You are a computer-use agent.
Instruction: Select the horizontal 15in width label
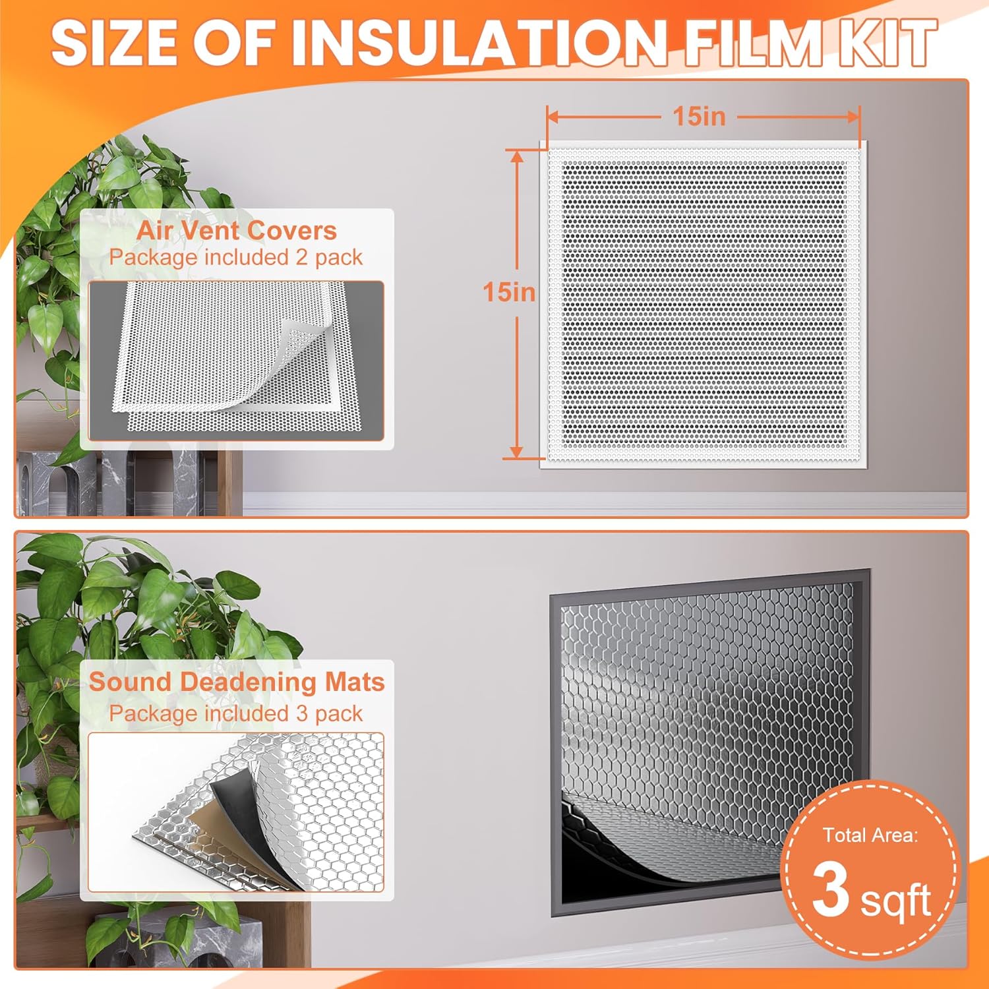[699, 117]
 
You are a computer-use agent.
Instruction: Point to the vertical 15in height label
[509, 292]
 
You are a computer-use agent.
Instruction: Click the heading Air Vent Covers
[237, 231]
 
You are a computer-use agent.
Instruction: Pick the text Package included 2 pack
[236, 257]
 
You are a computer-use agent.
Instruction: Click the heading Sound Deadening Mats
[237, 682]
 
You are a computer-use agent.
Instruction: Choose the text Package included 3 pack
[236, 713]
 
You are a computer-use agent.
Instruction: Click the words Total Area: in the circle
[870, 835]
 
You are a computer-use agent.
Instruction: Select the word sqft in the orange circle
[895, 901]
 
